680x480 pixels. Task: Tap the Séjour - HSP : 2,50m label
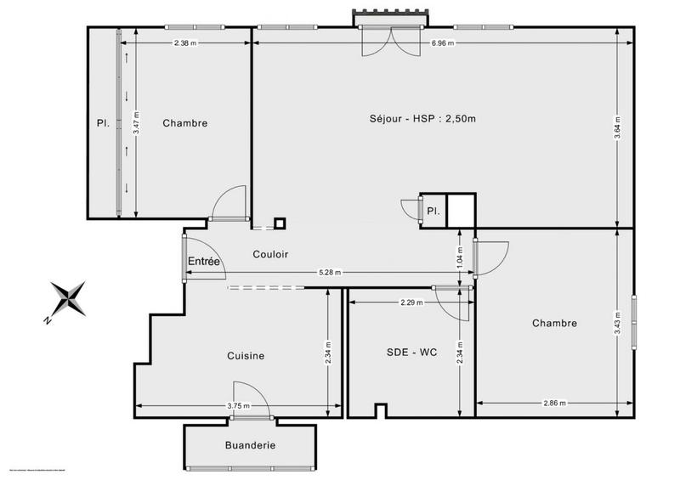[x=411, y=118]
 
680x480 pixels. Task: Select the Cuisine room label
[x=245, y=356]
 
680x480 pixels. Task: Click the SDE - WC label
[x=405, y=353]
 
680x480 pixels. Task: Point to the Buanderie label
[x=250, y=445]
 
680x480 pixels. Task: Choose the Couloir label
[x=270, y=254]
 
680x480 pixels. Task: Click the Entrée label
[x=204, y=263]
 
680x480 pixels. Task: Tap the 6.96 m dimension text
[x=442, y=43]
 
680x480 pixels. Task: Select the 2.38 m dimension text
[x=184, y=43]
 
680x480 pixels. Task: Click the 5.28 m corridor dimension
[x=330, y=273]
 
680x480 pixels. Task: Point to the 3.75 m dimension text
[x=238, y=406]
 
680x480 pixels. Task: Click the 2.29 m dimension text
[x=412, y=302]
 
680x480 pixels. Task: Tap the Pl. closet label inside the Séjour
[x=433, y=212]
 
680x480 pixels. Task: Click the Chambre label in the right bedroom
[x=554, y=323]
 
